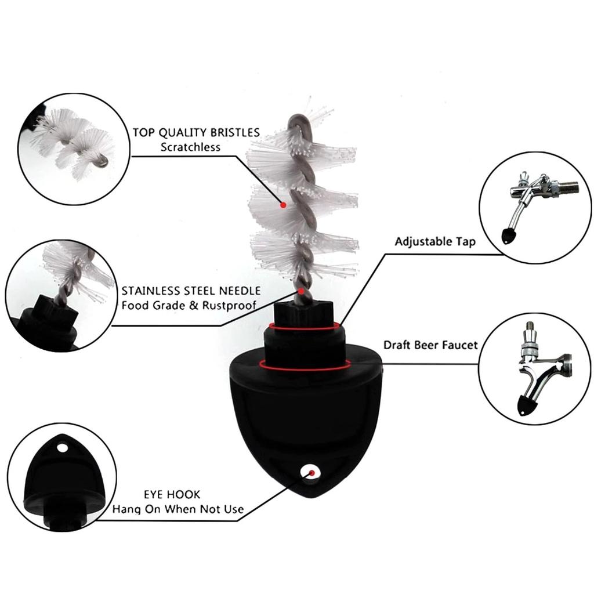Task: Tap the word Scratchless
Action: click(190, 147)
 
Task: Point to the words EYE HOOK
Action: click(172, 495)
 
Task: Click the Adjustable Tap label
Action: click(434, 241)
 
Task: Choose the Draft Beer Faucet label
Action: click(430, 345)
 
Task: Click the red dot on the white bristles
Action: click(283, 205)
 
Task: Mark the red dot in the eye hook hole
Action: click(312, 473)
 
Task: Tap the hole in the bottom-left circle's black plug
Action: click(62, 448)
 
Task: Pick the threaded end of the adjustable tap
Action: click(571, 187)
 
